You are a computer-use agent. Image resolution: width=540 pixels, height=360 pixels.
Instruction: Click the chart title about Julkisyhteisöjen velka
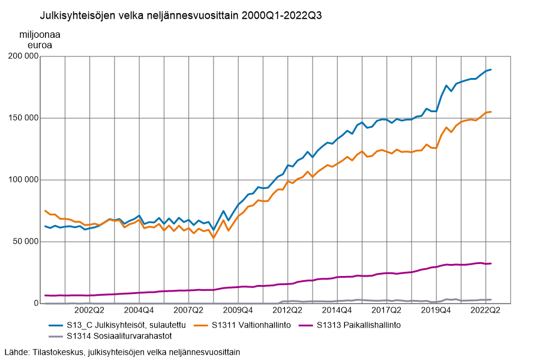coord(181,16)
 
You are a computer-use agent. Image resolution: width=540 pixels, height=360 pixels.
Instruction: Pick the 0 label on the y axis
coord(35,304)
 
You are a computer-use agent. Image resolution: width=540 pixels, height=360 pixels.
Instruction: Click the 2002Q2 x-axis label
coord(89,310)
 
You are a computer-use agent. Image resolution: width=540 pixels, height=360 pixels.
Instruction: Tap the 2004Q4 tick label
coord(139,310)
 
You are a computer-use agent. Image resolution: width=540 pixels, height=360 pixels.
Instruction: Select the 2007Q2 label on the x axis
coord(188,310)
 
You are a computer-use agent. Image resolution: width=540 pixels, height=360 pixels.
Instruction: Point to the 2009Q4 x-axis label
coord(238,310)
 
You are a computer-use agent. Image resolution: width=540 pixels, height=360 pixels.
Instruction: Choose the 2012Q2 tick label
coord(287,310)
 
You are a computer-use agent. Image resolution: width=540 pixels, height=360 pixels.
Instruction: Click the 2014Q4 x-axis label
coord(337,310)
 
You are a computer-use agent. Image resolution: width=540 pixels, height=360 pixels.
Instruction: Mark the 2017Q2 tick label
coord(386,310)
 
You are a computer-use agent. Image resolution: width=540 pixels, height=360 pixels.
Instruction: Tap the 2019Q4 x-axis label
coord(436,310)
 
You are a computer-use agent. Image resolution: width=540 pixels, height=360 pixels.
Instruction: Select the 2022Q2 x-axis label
coord(485,310)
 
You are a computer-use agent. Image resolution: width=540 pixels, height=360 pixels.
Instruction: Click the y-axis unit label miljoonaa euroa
coord(40,39)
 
